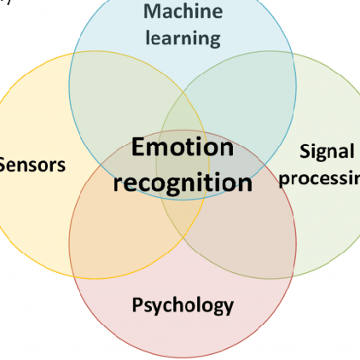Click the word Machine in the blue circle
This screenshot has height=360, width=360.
[x=183, y=12]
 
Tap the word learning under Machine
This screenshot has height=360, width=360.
[x=183, y=38]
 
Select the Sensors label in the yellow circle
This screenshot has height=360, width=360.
[x=32, y=165]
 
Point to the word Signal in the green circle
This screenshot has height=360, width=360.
[x=327, y=152]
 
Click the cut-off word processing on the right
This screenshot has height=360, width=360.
[x=320, y=178]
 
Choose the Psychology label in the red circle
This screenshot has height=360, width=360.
[x=183, y=305]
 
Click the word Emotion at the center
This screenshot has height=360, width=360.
[x=183, y=148]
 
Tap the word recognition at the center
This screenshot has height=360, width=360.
[x=183, y=182]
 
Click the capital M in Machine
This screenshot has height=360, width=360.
[x=151, y=12]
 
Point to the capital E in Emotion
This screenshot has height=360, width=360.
[x=139, y=148]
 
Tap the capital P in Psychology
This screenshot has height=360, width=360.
[x=138, y=305]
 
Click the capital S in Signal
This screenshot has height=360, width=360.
[x=305, y=152]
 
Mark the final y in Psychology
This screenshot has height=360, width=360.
[x=228, y=306]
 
